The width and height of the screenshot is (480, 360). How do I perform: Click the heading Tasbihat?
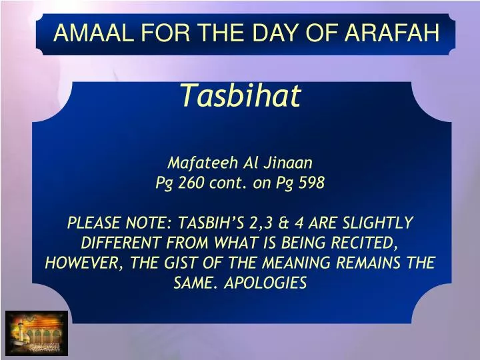241,97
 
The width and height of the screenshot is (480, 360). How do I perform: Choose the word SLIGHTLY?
381,223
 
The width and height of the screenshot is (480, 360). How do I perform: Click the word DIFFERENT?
118,243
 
